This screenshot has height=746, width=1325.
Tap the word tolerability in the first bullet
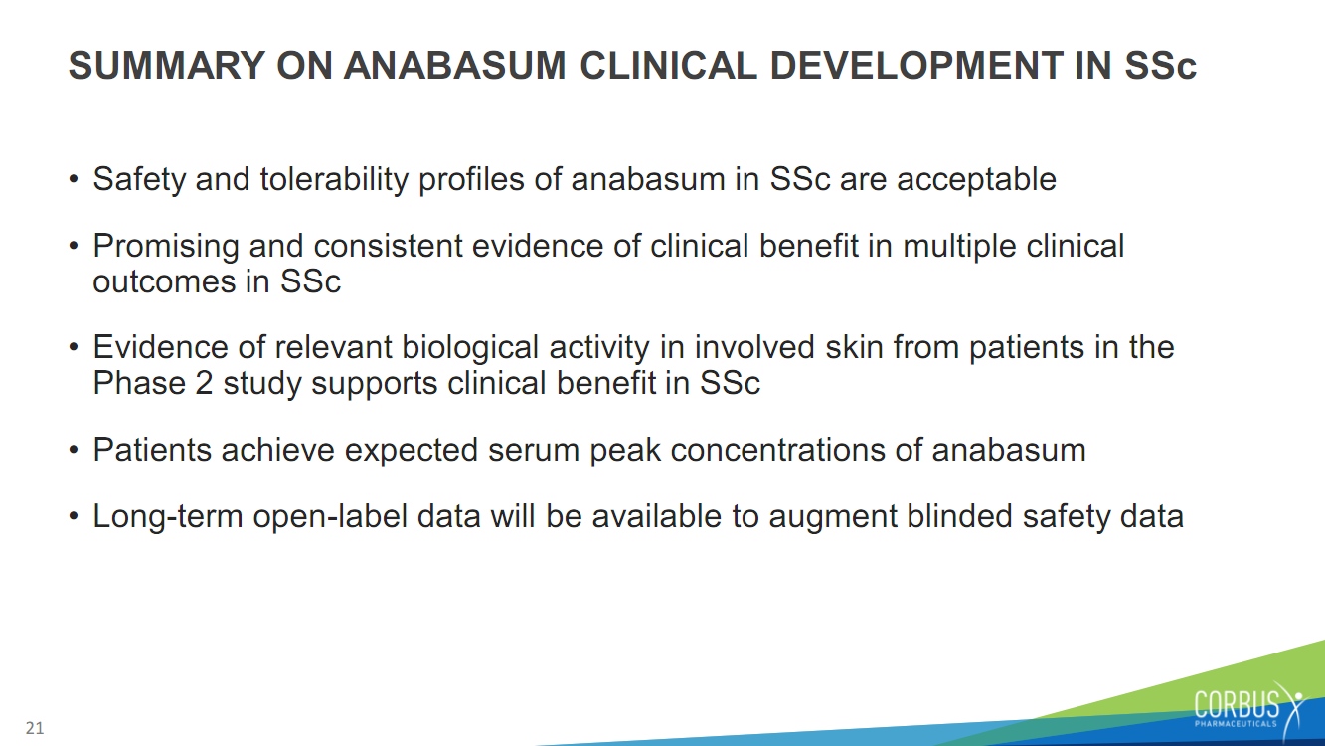(x=334, y=179)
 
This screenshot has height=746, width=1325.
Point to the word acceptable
(x=976, y=179)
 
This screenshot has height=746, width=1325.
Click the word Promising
(x=166, y=247)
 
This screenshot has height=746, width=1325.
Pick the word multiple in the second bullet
(x=959, y=247)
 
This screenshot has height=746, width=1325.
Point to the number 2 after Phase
(x=204, y=383)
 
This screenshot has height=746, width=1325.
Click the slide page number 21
(x=35, y=728)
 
